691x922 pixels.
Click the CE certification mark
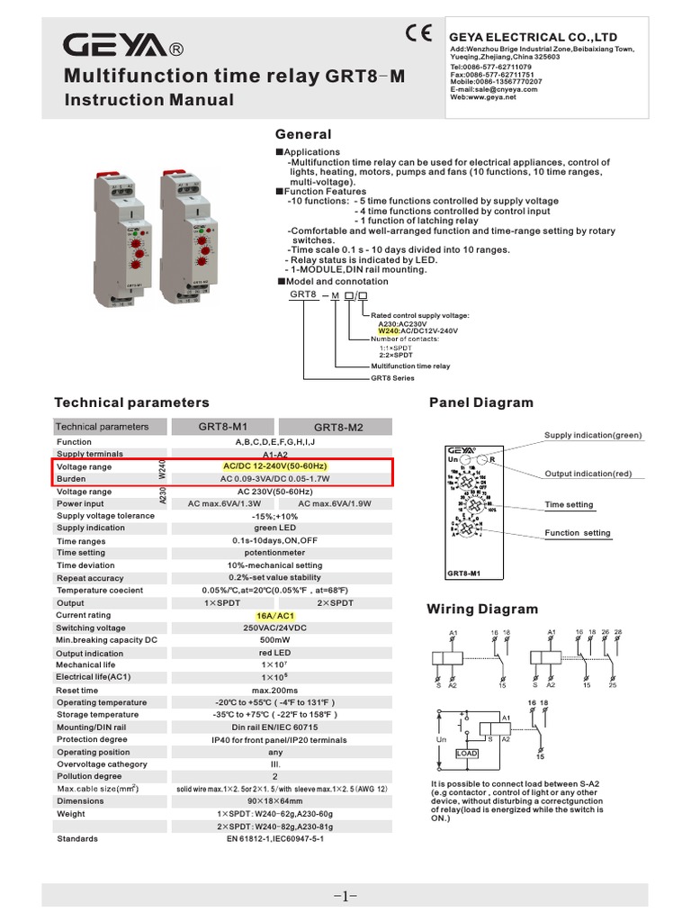[x=418, y=35]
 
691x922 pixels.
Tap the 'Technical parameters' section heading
[x=131, y=402]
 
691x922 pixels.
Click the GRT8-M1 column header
[x=222, y=426]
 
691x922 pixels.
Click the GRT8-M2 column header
[x=338, y=427]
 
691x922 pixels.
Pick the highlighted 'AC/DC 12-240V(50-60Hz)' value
[x=274, y=466]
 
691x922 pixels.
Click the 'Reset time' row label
[x=78, y=690]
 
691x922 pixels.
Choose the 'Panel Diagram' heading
[x=481, y=402]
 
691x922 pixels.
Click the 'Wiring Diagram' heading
[x=482, y=610]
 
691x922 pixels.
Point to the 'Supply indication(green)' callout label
[x=593, y=435]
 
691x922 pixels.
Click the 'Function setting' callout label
[x=577, y=533]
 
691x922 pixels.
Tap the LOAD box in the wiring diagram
[x=467, y=753]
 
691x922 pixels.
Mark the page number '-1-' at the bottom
[x=345, y=896]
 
